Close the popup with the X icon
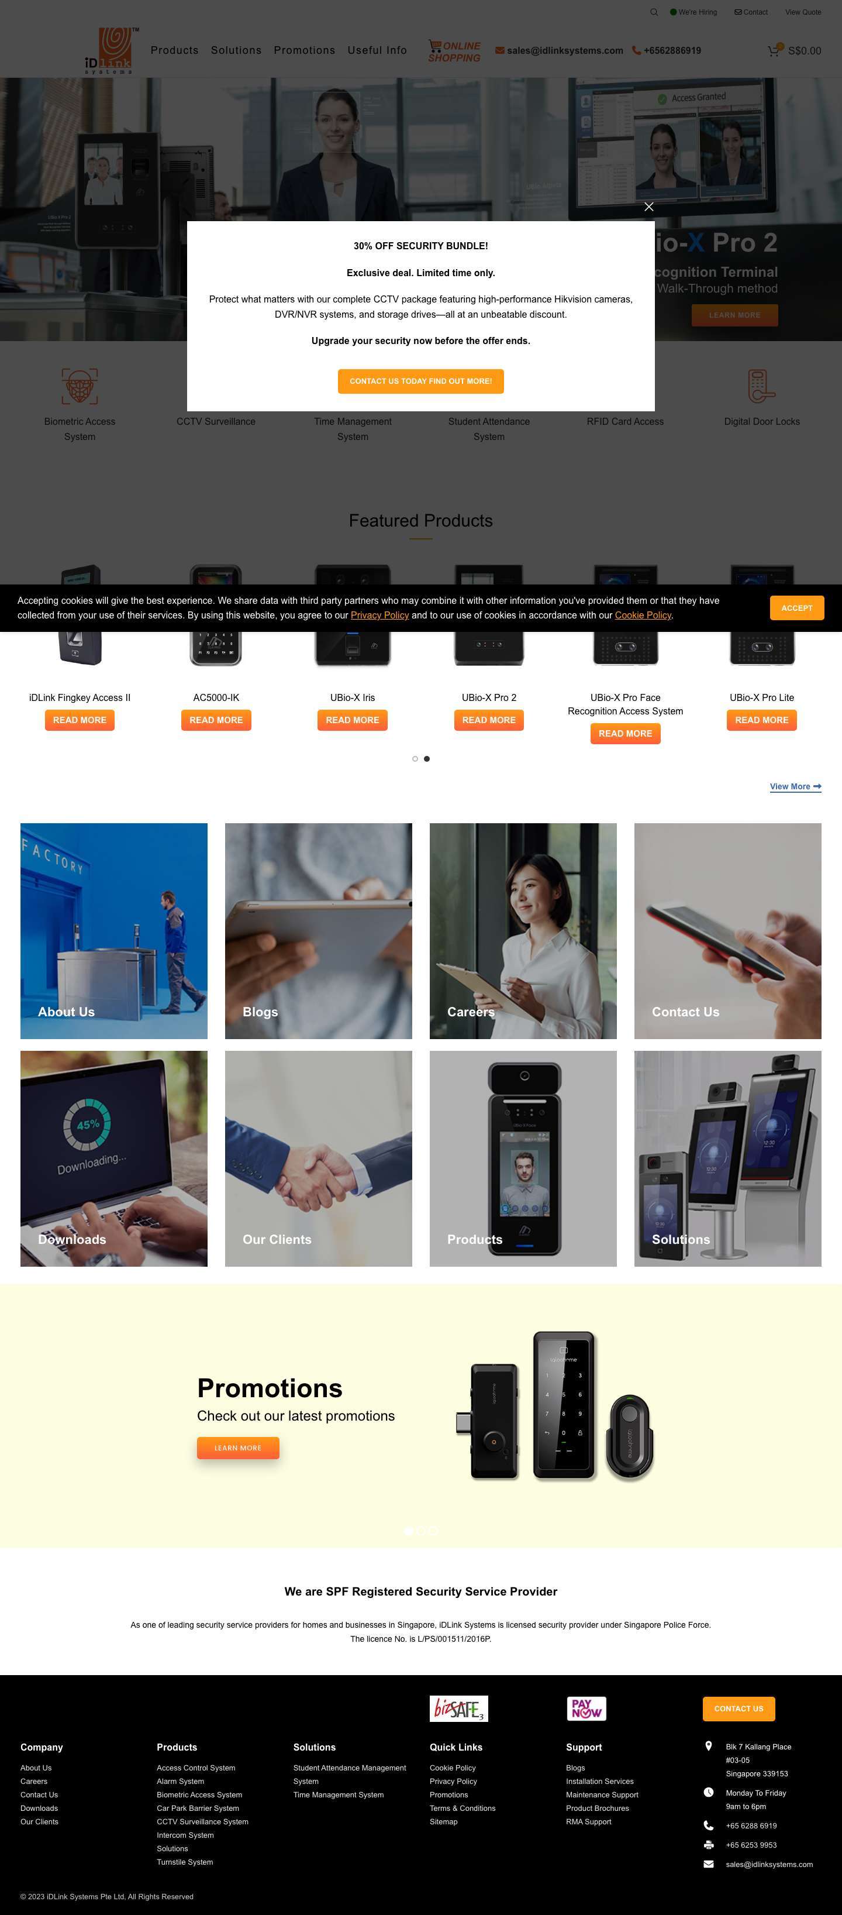(649, 207)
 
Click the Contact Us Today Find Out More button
(420, 381)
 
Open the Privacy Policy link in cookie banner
(379, 615)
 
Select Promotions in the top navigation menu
(304, 50)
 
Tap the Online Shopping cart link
(454, 51)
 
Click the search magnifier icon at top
(654, 12)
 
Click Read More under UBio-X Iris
(352, 720)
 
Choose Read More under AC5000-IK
(216, 720)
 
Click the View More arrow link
(795, 786)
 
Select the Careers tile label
(471, 1012)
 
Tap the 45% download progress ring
(87, 1124)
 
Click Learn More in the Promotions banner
(238, 1448)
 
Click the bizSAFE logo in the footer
(458, 1708)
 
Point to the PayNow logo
(586, 1708)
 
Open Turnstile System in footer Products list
(184, 1862)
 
